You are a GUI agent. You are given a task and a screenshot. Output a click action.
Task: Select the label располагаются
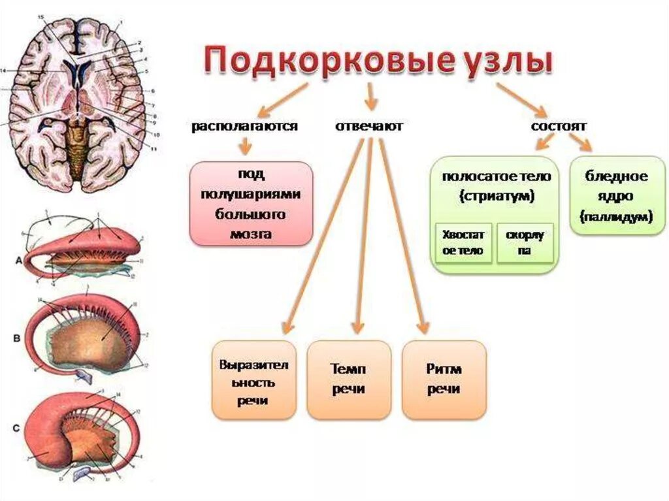point(244,126)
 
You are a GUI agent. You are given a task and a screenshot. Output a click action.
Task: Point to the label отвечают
point(369,126)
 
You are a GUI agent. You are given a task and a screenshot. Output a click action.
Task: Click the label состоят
point(559,125)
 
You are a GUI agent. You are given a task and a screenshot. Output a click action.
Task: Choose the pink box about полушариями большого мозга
point(251,204)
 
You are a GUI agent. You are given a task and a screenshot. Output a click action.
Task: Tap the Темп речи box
point(348,380)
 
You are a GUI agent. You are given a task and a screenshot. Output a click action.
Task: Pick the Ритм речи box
point(444,380)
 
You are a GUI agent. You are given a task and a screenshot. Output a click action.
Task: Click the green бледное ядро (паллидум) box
point(617,195)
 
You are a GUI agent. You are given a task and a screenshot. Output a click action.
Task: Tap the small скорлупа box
point(525,242)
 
